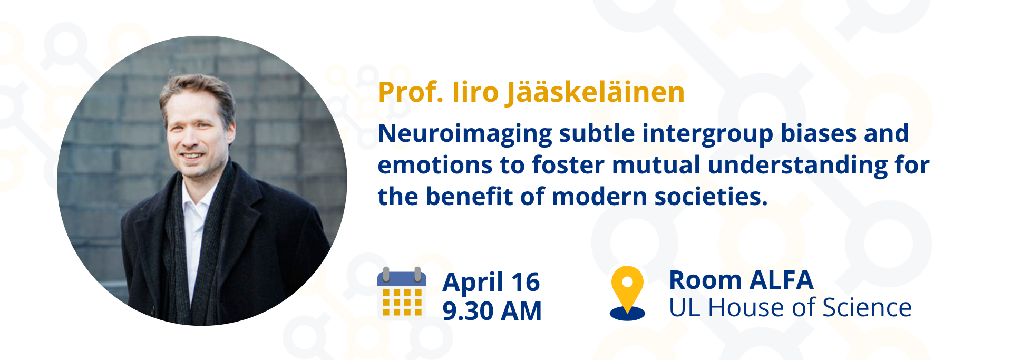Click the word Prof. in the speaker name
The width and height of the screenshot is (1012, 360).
click(x=411, y=92)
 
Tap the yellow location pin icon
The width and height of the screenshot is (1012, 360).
click(x=627, y=293)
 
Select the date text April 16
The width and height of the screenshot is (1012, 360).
click(x=491, y=282)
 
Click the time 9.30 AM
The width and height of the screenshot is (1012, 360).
click(x=492, y=310)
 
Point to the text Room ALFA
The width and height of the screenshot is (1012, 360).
click(x=741, y=280)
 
